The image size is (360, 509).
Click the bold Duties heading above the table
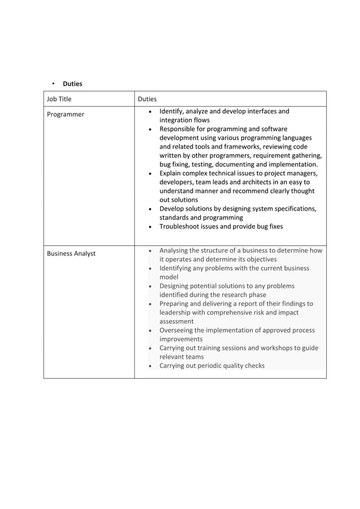click(72, 84)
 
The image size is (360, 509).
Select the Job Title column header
click(59, 99)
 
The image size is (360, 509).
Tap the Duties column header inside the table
click(147, 99)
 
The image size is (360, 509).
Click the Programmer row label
click(65, 115)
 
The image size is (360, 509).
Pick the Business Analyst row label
click(71, 254)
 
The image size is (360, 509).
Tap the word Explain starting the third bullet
click(172, 173)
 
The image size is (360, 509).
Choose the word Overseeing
click(179, 331)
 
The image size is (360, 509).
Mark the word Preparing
click(176, 304)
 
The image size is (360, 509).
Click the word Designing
click(177, 286)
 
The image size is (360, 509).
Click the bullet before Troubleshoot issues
click(150, 227)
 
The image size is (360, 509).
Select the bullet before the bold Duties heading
click(53, 84)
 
